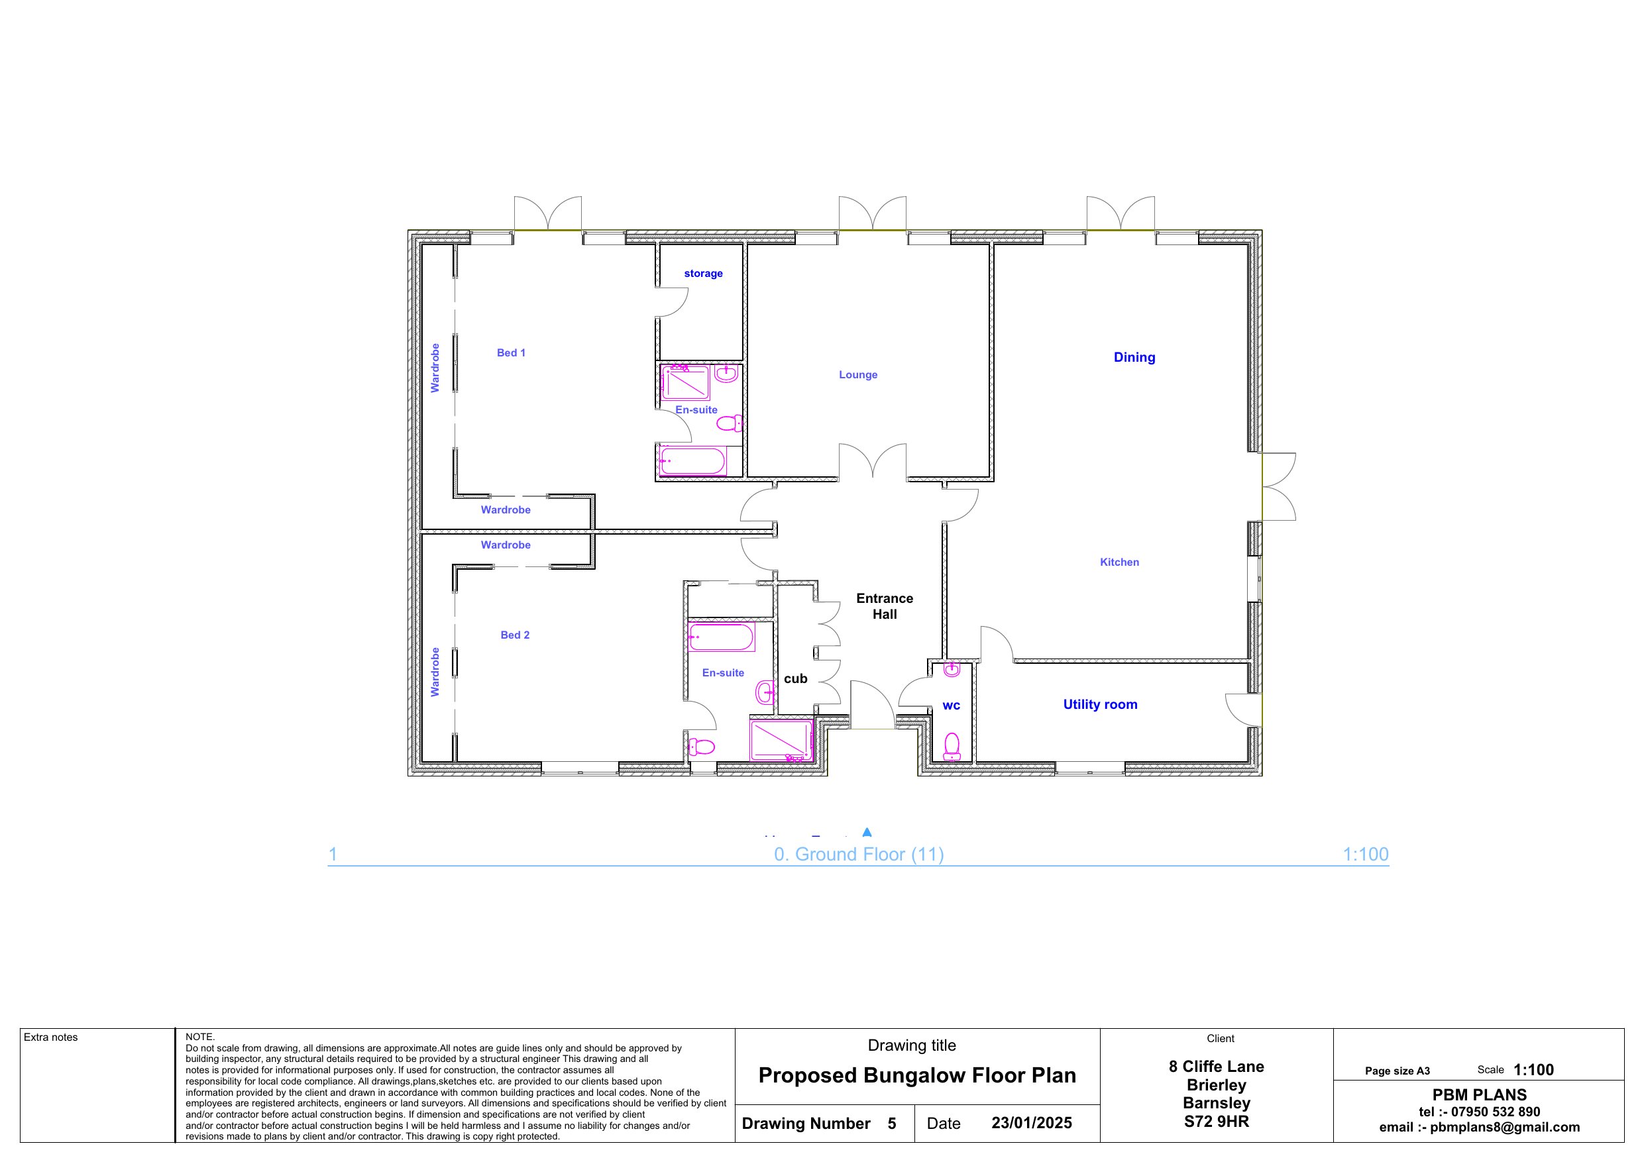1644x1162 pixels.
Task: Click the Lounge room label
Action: [858, 374]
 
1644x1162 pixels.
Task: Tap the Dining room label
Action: [1134, 357]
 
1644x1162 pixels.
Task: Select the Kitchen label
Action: [1119, 562]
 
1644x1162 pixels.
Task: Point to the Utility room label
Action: [1100, 704]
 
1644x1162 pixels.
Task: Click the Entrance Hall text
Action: [885, 606]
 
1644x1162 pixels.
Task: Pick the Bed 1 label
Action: [512, 352]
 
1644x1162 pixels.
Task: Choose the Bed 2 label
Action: [515, 635]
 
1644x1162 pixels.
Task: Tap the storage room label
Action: [703, 274]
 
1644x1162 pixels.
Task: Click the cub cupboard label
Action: [796, 679]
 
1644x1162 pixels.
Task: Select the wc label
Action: [951, 706]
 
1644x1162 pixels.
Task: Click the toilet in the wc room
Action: [952, 747]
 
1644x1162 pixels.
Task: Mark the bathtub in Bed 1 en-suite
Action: [692, 461]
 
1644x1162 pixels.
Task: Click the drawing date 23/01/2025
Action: [1031, 1123]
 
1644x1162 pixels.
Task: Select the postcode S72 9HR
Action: [1216, 1121]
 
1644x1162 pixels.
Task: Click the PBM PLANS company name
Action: [1479, 1094]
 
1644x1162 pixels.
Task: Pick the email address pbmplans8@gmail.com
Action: [1504, 1127]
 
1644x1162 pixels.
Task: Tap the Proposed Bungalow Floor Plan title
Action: [916, 1075]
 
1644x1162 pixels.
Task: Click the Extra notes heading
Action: [51, 1037]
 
